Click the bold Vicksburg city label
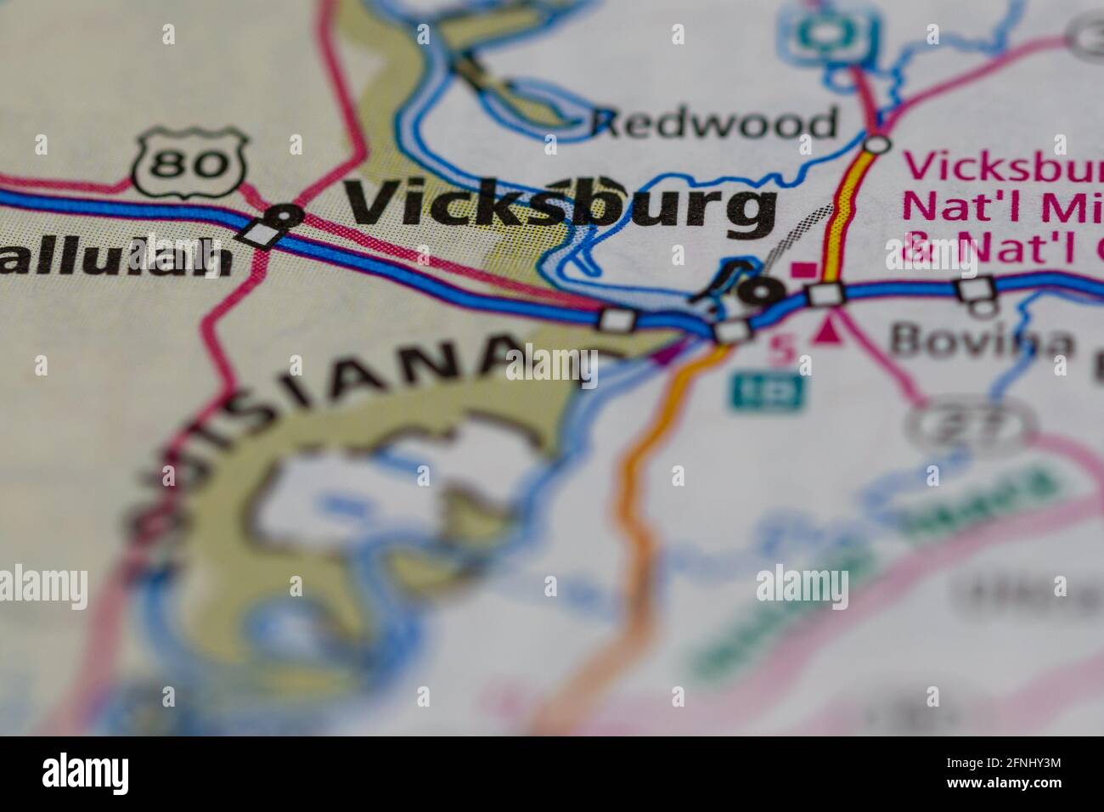click(x=560, y=206)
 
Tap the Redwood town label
click(x=715, y=124)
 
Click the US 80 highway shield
click(x=192, y=161)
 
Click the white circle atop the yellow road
click(x=876, y=144)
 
